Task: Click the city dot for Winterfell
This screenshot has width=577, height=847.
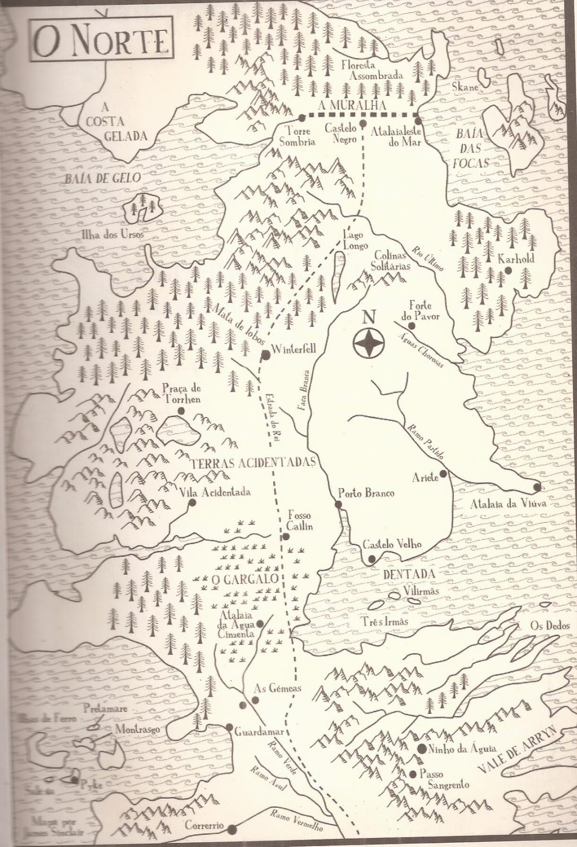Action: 266,355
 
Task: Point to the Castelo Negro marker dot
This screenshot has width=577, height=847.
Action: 363,123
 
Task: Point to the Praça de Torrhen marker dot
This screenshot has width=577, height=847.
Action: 182,410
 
